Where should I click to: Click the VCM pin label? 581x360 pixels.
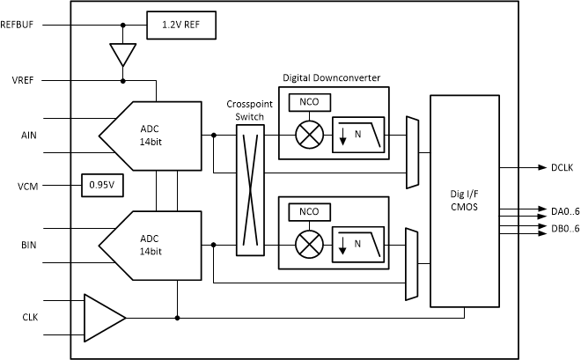[26, 186]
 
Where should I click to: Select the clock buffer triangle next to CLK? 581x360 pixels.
[102, 317]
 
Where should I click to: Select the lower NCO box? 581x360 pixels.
[309, 212]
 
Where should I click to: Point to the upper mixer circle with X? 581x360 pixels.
[309, 136]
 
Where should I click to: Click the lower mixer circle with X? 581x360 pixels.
[309, 244]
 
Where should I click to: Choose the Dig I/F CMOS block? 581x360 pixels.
[463, 200]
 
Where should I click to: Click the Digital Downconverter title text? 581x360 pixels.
[331, 77]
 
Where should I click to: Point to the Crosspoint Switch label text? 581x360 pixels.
[250, 110]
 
